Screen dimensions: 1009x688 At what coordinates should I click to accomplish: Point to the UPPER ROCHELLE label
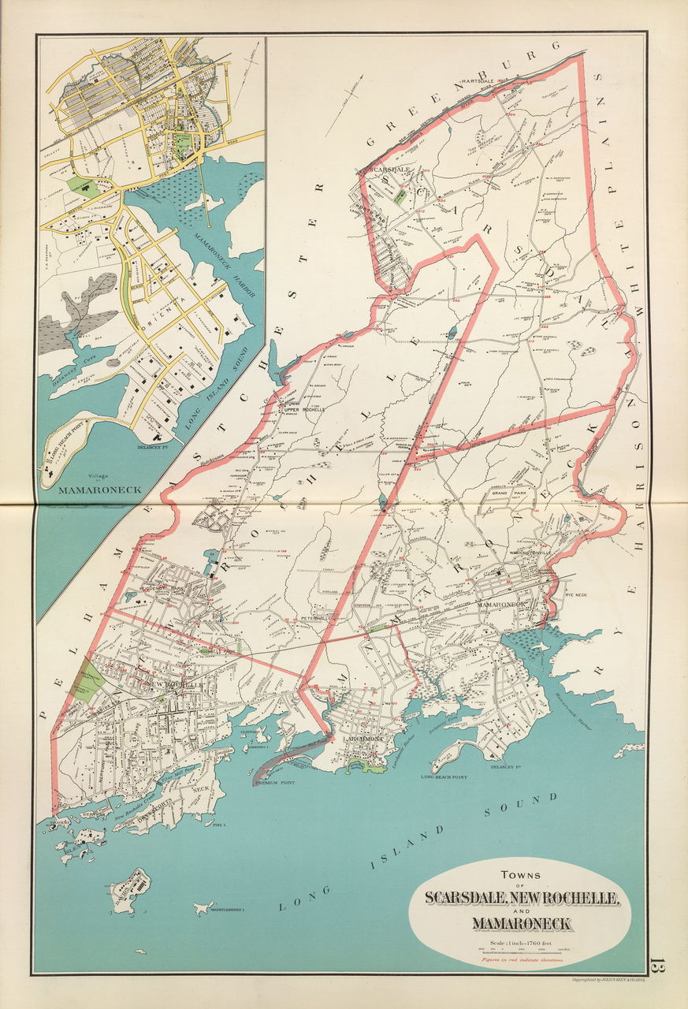pos(304,410)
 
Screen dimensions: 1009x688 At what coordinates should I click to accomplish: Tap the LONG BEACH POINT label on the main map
pos(445,777)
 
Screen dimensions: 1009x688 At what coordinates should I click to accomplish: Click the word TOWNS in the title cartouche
pos(519,873)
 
